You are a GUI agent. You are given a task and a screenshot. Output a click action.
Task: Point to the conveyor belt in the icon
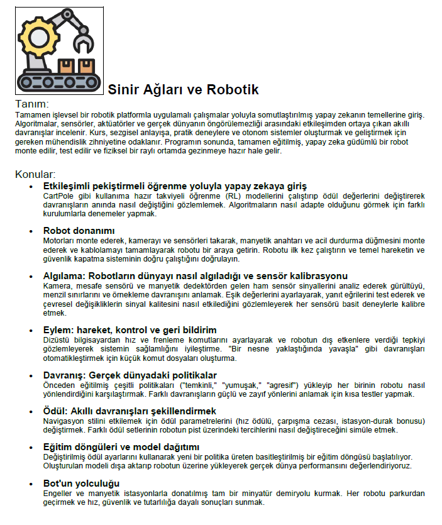58,81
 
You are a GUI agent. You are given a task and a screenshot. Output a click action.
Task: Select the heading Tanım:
31,104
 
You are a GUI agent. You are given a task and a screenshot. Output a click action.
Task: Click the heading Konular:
35,174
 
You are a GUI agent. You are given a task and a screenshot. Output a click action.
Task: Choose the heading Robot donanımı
79,231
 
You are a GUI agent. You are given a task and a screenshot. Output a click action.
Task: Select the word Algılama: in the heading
64,275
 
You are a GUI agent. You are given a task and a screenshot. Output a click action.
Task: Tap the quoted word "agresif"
284,385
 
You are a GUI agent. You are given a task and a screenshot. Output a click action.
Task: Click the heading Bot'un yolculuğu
81,483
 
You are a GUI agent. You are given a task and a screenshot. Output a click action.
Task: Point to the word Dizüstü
57,340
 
